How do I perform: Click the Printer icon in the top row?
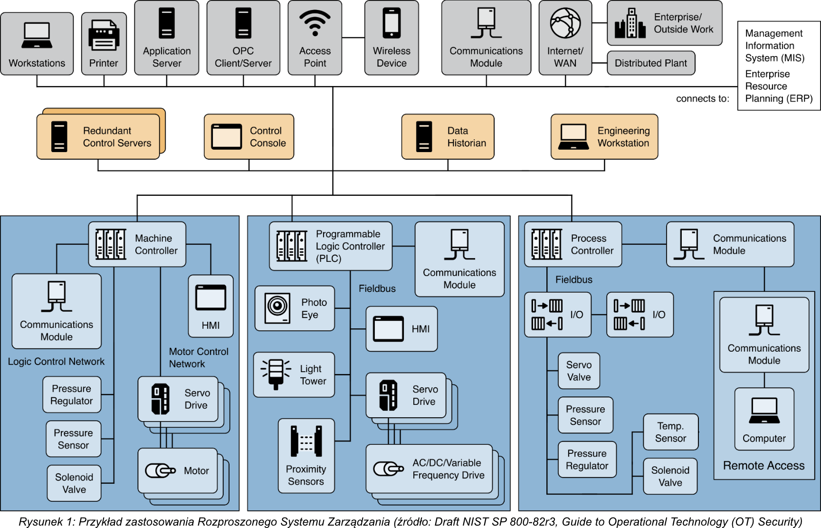[x=104, y=35]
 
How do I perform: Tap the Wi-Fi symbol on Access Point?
[x=315, y=23]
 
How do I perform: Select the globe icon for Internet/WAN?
[x=565, y=23]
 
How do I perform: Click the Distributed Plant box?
[x=651, y=63]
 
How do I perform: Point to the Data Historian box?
[x=448, y=137]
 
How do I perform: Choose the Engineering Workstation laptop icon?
[x=573, y=137]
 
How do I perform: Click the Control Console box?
[x=249, y=137]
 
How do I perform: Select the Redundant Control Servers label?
[x=117, y=137]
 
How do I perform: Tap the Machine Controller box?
[x=137, y=244]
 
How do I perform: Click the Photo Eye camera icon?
[x=277, y=308]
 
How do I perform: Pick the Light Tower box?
[x=294, y=375]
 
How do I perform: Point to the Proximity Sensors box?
[x=306, y=456]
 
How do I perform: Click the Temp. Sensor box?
[x=670, y=432]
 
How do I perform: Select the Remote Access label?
[x=764, y=466]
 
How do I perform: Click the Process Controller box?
[x=573, y=244]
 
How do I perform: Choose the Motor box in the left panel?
[x=178, y=471]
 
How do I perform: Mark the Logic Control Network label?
[x=56, y=362]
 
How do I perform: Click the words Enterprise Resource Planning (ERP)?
[x=778, y=86]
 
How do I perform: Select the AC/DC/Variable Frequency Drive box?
[x=429, y=469]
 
